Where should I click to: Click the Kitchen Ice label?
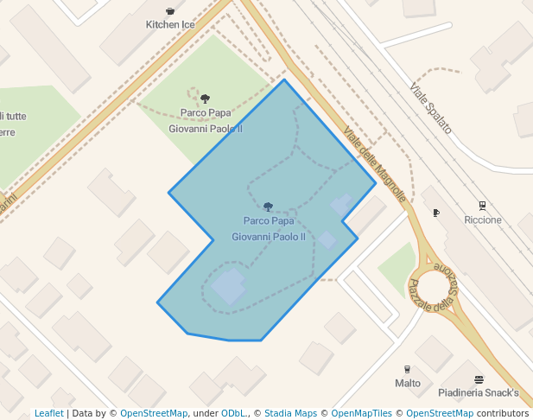click(x=170, y=24)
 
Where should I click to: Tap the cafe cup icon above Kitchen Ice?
click(x=170, y=11)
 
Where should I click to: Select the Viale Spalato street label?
click(x=430, y=108)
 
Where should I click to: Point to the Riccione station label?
click(x=482, y=220)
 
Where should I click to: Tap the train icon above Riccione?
click(x=482, y=207)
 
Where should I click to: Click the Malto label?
click(x=408, y=383)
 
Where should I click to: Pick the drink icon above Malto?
click(x=408, y=369)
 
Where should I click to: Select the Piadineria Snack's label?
click(x=478, y=393)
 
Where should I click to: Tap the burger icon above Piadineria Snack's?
click(x=479, y=379)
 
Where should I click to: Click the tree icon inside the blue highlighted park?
click(x=269, y=207)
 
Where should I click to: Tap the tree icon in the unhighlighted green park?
click(x=205, y=99)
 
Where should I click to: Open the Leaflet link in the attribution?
click(x=48, y=413)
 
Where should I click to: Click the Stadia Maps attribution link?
click(x=290, y=413)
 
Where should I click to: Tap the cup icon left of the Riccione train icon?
click(x=436, y=213)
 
